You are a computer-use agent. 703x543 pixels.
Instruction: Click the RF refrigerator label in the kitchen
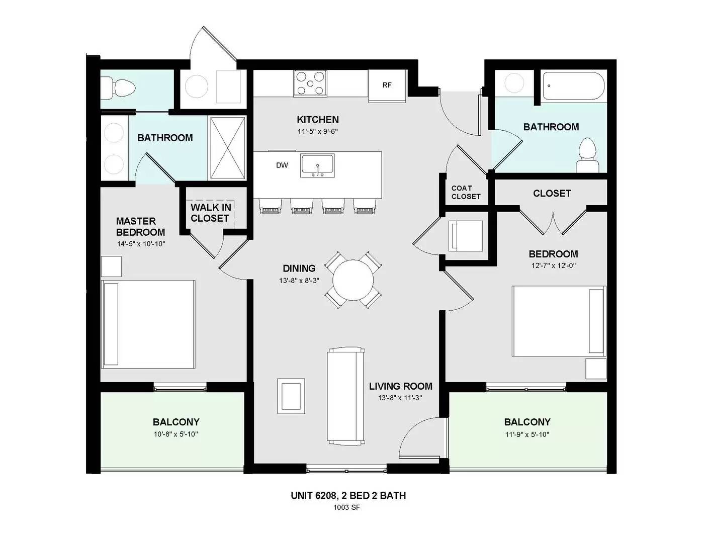387,85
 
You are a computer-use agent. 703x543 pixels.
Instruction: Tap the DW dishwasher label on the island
282,165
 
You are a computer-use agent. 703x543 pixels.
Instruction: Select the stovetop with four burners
310,83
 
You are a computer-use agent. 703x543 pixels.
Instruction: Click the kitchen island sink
317,165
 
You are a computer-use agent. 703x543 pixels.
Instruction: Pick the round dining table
354,280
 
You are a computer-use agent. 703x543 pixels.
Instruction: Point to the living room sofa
346,396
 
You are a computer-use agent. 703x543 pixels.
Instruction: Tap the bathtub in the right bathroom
573,85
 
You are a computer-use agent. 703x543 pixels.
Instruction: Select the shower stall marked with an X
227,148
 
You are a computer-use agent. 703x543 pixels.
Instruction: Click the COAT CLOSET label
466,193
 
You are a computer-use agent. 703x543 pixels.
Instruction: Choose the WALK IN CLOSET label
211,213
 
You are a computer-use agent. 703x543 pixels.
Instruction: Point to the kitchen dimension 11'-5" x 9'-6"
318,132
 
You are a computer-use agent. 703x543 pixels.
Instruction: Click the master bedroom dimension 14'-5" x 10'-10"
141,244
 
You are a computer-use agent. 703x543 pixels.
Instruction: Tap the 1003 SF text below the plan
346,507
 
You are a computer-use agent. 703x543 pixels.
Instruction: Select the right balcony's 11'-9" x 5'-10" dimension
528,434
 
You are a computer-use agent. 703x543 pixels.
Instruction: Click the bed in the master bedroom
148,324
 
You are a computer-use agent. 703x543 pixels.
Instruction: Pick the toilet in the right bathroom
587,156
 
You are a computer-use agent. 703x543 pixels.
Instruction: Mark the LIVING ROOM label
400,386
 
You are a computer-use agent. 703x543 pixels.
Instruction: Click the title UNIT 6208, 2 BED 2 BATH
348,495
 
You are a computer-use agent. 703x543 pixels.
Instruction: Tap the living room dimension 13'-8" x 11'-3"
400,398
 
